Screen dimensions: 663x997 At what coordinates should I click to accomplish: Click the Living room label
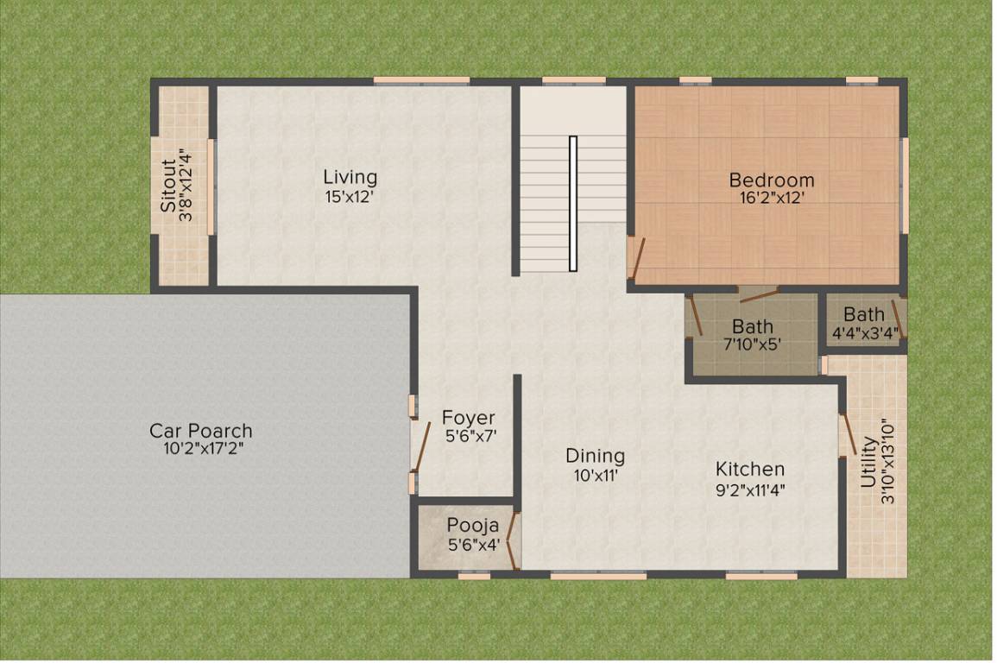click(350, 177)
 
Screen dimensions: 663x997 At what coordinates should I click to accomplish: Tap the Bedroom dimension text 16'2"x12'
click(771, 198)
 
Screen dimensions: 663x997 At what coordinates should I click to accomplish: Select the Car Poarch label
click(200, 431)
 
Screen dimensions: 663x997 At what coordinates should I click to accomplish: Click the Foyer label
click(469, 419)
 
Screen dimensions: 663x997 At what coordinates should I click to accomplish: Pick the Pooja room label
click(472, 526)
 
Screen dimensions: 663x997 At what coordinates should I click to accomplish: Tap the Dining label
click(595, 456)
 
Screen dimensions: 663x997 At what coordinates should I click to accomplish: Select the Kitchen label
click(749, 469)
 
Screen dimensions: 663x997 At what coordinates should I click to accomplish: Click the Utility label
click(868, 462)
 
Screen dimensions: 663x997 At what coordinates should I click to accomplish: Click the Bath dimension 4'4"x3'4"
click(863, 331)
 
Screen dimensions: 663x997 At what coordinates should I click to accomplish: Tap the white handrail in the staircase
click(572, 203)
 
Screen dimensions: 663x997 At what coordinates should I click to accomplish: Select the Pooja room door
click(513, 540)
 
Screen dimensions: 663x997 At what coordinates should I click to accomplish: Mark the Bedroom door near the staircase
click(636, 260)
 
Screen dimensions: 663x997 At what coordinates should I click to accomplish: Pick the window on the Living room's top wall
click(421, 81)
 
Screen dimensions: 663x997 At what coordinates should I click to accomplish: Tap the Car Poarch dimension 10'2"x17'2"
click(200, 449)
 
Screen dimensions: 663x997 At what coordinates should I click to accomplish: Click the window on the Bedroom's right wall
click(905, 185)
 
